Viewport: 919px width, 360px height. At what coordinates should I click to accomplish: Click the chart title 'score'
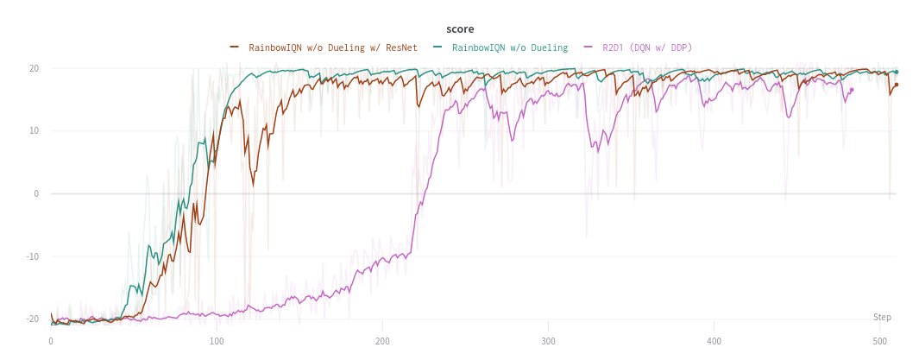pyautogui.click(x=460, y=28)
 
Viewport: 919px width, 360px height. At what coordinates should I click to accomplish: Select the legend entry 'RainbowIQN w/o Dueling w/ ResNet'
pyautogui.click(x=332, y=47)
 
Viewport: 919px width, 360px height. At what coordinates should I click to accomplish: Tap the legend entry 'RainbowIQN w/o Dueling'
pyautogui.click(x=509, y=47)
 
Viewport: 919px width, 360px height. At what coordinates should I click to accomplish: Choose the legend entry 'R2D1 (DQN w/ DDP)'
pyautogui.click(x=647, y=47)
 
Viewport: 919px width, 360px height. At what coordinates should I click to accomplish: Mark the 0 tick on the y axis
pyautogui.click(x=36, y=193)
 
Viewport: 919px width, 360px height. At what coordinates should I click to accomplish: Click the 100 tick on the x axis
pyautogui.click(x=217, y=342)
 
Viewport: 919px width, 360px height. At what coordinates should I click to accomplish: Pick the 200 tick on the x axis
pyautogui.click(x=382, y=342)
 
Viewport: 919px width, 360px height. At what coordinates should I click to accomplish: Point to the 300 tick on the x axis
pyautogui.click(x=548, y=342)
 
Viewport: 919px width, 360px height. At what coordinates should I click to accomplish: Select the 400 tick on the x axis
pyautogui.click(x=714, y=342)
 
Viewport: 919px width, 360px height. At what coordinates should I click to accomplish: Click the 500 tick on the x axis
pyautogui.click(x=879, y=342)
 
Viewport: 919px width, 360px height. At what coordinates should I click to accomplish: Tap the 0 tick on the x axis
pyautogui.click(x=51, y=342)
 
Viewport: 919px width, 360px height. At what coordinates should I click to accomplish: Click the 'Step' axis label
pyautogui.click(x=882, y=317)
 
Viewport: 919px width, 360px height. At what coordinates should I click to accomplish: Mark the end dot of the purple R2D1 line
pyautogui.click(x=851, y=90)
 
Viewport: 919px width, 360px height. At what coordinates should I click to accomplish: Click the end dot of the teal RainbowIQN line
pyautogui.click(x=896, y=72)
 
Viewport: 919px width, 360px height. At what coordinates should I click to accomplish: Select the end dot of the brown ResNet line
pyautogui.click(x=896, y=85)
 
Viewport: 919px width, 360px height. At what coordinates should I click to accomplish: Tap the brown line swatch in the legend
pyautogui.click(x=235, y=47)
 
